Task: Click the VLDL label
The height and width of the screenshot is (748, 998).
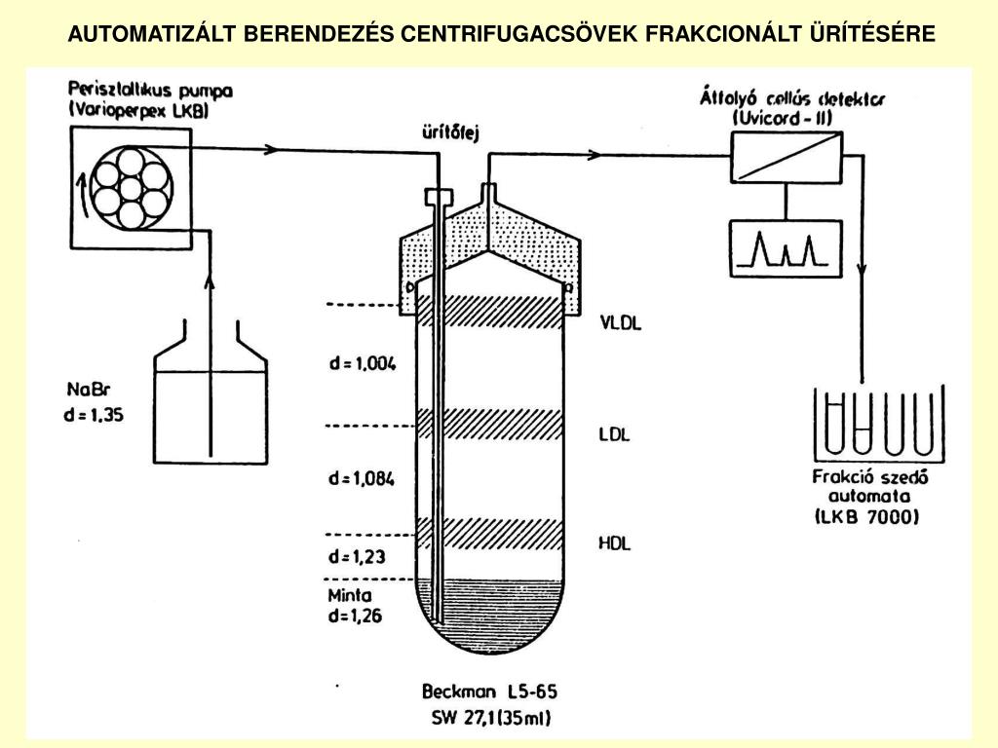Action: tap(621, 322)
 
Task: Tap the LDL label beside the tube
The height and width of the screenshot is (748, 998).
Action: tap(614, 434)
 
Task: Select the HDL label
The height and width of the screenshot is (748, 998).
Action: tap(614, 543)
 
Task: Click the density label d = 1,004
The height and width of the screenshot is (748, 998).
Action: tap(363, 363)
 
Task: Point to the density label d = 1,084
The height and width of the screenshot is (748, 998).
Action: tap(361, 478)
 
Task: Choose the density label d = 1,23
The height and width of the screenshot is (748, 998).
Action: tap(357, 556)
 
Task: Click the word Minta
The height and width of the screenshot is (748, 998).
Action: tap(350, 595)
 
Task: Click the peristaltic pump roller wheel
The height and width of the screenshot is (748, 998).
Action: tap(132, 188)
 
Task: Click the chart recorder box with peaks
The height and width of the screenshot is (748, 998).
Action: tap(786, 248)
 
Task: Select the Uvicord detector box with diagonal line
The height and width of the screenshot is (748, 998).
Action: tap(787, 158)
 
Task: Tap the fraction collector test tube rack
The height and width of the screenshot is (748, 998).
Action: tap(879, 423)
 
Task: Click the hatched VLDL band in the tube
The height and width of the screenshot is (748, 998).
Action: tap(489, 313)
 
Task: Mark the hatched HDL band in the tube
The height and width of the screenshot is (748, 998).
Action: tap(489, 533)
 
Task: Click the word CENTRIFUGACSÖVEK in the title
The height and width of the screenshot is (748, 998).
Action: tap(518, 33)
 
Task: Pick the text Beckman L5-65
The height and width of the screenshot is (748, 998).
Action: tap(489, 691)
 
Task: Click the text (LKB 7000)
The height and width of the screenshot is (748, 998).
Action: tap(866, 516)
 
